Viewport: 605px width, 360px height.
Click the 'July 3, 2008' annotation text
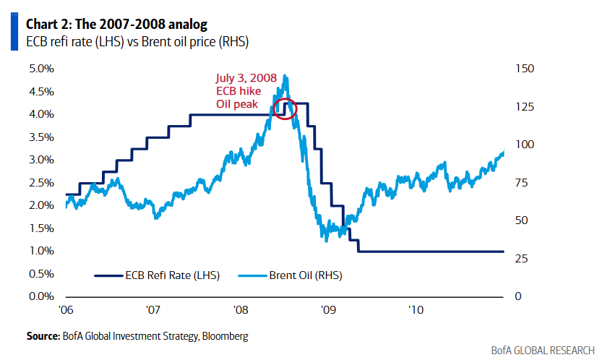[x=246, y=79]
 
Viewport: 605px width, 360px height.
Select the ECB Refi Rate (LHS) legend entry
[x=157, y=275]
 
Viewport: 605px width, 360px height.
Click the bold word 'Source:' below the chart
[x=42, y=336]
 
